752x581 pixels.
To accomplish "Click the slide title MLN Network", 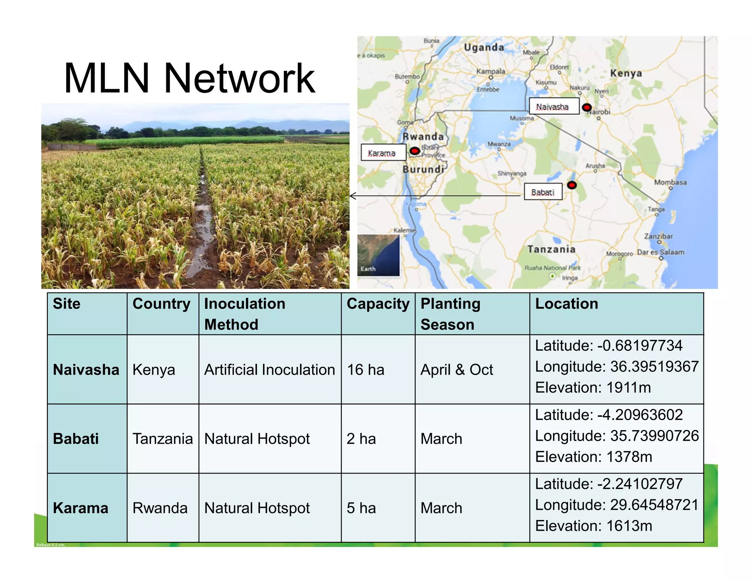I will [x=189, y=78].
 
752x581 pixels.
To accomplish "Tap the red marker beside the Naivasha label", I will [x=587, y=107].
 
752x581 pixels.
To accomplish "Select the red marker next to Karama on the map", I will [x=415, y=151].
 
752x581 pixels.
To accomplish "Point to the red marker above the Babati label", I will [x=572, y=185].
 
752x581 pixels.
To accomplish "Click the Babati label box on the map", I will [x=543, y=192].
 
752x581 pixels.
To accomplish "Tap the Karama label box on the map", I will [x=383, y=153].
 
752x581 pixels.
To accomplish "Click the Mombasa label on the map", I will [x=670, y=183].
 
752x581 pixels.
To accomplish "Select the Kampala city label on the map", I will [x=491, y=71].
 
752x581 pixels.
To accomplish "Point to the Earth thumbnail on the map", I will [x=378, y=255].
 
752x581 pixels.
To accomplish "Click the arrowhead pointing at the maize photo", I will [x=353, y=196].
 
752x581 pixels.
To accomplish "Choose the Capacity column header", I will [x=378, y=304].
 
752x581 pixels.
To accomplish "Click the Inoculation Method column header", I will [x=244, y=314].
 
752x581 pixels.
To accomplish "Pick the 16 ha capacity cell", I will [x=365, y=369].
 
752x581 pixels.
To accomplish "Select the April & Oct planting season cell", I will [x=456, y=369].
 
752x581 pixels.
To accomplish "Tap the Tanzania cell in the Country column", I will [x=162, y=439].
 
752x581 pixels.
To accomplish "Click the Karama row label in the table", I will [x=81, y=508].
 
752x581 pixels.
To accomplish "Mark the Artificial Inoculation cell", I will [x=270, y=369].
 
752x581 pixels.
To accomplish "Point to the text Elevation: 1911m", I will [x=593, y=387].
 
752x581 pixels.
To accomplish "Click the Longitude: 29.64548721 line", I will [x=617, y=505].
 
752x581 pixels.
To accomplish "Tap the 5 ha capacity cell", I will [x=361, y=508].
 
